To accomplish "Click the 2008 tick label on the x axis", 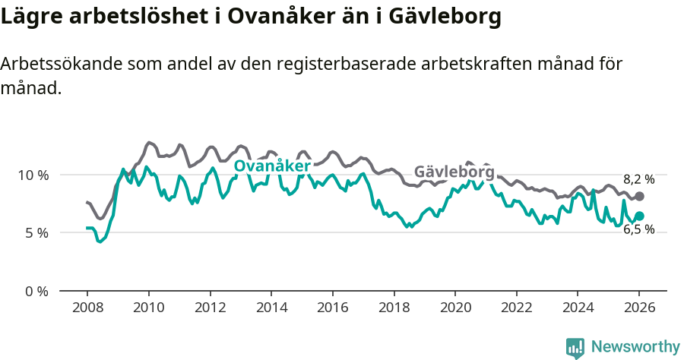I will coord(87,310).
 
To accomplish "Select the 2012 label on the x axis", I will coord(210,310).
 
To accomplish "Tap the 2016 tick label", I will coord(332,310).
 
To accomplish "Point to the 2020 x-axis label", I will coord(454,310).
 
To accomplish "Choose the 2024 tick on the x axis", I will coord(578,310).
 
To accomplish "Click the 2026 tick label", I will coord(639,310).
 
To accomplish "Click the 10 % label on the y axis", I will coord(33,175).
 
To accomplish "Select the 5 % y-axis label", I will coord(36,232).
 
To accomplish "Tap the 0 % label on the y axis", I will coord(36,291).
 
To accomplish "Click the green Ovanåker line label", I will coord(271,166).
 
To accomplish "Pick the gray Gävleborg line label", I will coord(454,172).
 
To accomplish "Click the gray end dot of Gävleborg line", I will coord(639,197).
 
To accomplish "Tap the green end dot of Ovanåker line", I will coord(639,216).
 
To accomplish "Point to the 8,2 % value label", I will coord(638,180).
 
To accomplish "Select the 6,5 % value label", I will coord(638,229).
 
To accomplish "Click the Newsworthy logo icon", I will coord(575,347).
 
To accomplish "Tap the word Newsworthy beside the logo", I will coord(635,347).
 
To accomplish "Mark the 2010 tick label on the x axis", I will coord(148,310).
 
